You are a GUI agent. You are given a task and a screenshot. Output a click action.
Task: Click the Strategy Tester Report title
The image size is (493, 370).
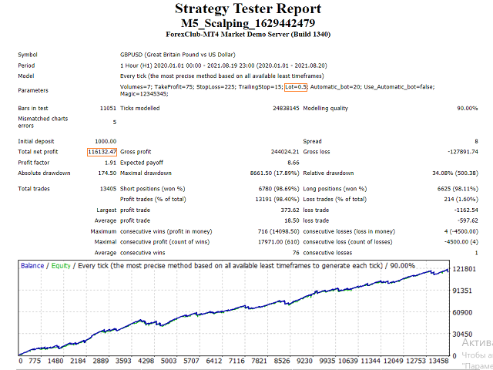tap(246, 8)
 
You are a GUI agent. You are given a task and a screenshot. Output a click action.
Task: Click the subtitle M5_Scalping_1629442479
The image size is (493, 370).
tap(246, 23)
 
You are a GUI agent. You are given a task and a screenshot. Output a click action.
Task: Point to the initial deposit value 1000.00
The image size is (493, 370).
tap(106, 141)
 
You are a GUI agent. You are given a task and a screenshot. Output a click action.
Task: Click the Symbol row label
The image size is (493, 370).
tap(28, 55)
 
